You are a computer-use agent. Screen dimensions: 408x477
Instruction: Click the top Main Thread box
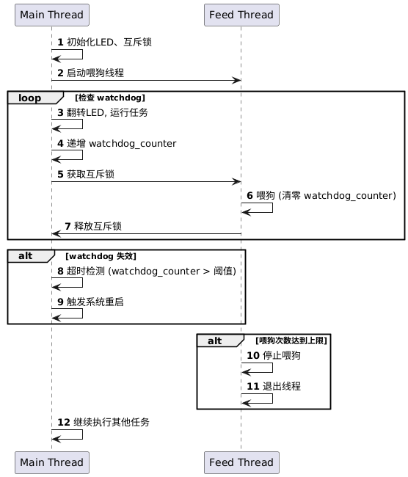point(52,15)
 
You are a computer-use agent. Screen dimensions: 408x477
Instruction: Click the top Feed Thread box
point(241,15)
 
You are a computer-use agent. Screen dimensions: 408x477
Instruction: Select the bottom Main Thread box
point(52,462)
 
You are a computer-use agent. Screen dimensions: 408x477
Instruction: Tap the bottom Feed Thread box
point(241,462)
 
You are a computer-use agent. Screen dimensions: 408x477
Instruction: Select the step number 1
point(61,43)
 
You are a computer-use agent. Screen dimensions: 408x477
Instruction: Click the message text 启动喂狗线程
point(95,73)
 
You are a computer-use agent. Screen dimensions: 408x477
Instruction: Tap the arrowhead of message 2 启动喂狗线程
point(237,81)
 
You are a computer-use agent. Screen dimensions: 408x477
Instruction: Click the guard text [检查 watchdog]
point(110,98)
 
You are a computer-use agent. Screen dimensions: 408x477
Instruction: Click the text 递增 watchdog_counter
point(121,143)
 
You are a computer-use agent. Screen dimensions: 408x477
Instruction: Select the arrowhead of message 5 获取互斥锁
point(237,182)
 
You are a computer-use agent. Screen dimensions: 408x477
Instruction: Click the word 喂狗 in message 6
point(266,195)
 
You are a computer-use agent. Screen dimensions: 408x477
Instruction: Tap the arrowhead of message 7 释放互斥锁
point(57,233)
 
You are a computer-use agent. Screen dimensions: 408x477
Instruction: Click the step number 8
point(61,271)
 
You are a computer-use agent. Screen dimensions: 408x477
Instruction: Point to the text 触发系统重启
point(95,302)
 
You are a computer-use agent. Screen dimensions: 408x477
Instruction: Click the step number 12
point(64,422)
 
